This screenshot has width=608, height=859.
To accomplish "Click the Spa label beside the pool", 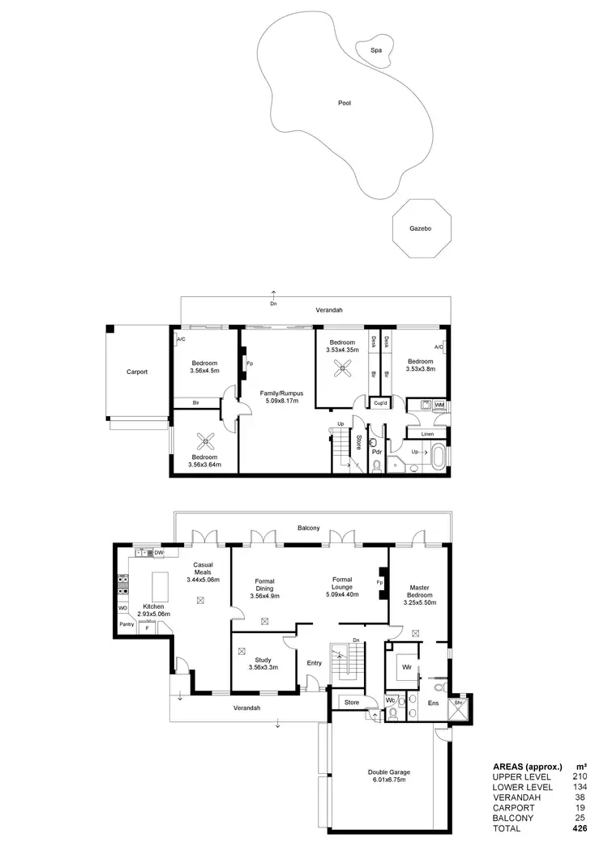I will click(375, 50).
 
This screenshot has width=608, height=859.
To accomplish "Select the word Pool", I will click(345, 104).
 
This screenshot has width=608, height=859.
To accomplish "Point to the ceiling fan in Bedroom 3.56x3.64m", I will click(206, 441).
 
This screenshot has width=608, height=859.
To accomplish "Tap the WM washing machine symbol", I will click(439, 404).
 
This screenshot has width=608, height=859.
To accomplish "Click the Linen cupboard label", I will click(428, 434).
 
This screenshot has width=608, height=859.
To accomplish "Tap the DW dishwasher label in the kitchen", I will click(159, 552).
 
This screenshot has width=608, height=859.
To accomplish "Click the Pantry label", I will click(126, 624).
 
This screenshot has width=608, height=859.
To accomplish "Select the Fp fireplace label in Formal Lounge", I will click(379, 582).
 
